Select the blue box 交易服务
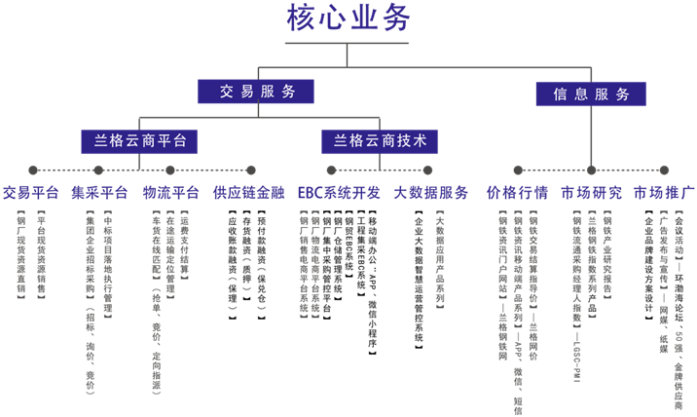tap(257, 92)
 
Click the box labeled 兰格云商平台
tap(133, 139)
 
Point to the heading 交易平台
tap(32, 192)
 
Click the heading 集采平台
tap(100, 192)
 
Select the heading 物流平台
tap(171, 192)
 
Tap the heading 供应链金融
tap(249, 192)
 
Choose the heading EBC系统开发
tap(340, 192)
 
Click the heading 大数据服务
tap(431, 192)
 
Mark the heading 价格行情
tap(517, 192)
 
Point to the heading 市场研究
tap(592, 192)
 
